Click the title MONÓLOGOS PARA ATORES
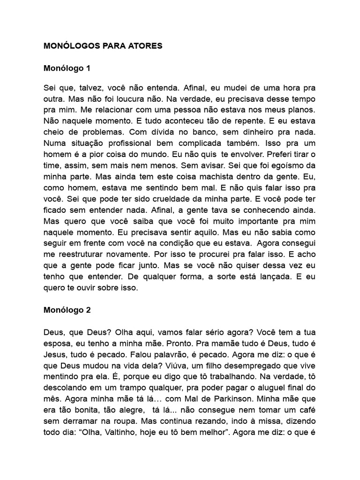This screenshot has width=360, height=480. click(103, 46)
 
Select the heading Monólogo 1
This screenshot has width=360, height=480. click(67, 68)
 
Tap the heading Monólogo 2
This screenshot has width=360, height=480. click(67, 310)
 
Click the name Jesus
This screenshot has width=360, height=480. click(55, 353)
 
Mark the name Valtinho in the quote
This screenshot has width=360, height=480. click(117, 429)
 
